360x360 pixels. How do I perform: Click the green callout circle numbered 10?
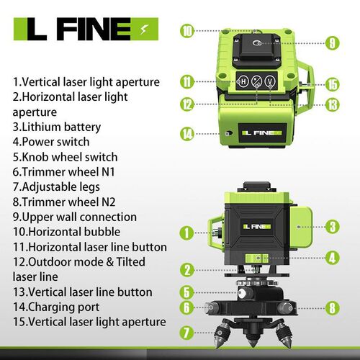coord(186,31)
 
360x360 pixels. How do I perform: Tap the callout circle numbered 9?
coord(333,43)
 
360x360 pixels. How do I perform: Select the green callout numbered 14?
coord(186,134)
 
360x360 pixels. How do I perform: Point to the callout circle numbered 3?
coord(333,227)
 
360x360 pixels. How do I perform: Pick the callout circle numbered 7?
coord(186,333)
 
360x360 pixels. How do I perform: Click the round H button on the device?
coord(243,81)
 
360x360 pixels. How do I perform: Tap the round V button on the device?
coord(270,81)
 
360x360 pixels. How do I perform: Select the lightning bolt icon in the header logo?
coord(143,30)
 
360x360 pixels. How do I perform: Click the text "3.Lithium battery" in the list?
coord(57,127)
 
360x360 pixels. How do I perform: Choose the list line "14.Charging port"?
coord(56,307)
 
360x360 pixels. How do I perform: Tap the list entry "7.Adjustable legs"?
coord(56,187)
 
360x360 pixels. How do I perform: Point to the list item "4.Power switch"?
coord(51,142)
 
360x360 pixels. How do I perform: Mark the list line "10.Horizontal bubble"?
coord(66,232)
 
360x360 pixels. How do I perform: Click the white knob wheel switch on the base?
coord(243,293)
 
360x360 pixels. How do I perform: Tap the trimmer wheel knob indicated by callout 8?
coord(286,307)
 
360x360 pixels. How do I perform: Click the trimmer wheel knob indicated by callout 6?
coord(212,307)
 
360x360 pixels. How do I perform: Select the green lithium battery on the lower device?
coord(300,227)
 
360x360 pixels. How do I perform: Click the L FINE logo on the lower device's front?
coord(257,227)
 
